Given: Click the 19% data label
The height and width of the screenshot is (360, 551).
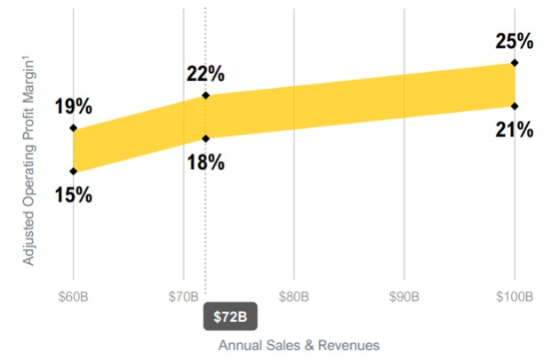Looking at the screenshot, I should tap(73, 107).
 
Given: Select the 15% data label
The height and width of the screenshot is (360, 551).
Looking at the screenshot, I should tap(73, 194).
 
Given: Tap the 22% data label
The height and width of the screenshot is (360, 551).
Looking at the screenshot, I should tap(205, 74).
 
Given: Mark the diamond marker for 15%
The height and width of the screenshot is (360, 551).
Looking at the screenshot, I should tap(73, 171).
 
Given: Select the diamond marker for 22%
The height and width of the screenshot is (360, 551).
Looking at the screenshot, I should tap(205, 95).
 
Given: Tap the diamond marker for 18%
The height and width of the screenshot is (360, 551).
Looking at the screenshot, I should tap(205, 138).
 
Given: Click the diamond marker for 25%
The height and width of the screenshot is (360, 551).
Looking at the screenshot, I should tap(515, 63).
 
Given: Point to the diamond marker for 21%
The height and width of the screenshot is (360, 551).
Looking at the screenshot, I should tap(515, 106).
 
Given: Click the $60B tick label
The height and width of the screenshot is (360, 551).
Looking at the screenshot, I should tap(73, 296).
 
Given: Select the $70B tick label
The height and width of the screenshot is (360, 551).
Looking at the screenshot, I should tap(183, 296).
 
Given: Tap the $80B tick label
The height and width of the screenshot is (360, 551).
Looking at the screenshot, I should tap(294, 296).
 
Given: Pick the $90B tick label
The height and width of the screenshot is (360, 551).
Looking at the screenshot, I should tap(404, 296).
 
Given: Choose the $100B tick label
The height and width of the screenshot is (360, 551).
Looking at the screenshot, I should tap(515, 296).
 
